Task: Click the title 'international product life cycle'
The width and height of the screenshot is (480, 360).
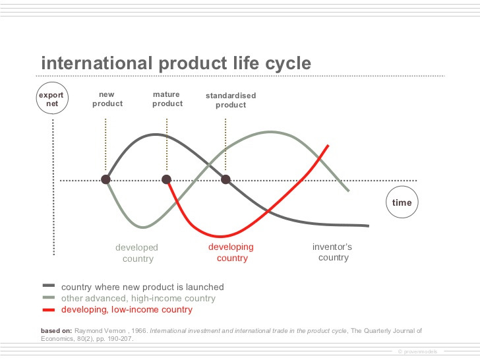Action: (176, 63)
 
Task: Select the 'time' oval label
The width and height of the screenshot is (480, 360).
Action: (402, 202)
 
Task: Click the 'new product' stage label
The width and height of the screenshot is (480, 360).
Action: (107, 99)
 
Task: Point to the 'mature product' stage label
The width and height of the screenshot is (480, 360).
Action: (167, 99)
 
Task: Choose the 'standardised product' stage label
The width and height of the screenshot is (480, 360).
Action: (230, 100)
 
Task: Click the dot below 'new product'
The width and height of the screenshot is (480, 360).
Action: (105, 179)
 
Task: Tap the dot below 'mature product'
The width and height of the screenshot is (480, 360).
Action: (167, 179)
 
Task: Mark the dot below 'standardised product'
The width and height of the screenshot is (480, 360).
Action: (225, 179)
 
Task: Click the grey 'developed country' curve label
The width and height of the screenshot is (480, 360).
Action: (137, 253)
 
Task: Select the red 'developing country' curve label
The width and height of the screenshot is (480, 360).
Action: (231, 253)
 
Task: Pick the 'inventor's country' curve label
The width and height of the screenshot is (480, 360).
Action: (332, 252)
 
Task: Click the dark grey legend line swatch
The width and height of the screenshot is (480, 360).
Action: (48, 286)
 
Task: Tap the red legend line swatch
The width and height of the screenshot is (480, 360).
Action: (48, 309)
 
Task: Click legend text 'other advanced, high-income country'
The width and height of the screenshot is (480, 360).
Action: (138, 298)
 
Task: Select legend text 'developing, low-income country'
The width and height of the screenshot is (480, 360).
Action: (127, 309)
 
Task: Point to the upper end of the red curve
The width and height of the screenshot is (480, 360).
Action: (328, 145)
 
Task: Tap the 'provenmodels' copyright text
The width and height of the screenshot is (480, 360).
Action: (421, 351)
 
